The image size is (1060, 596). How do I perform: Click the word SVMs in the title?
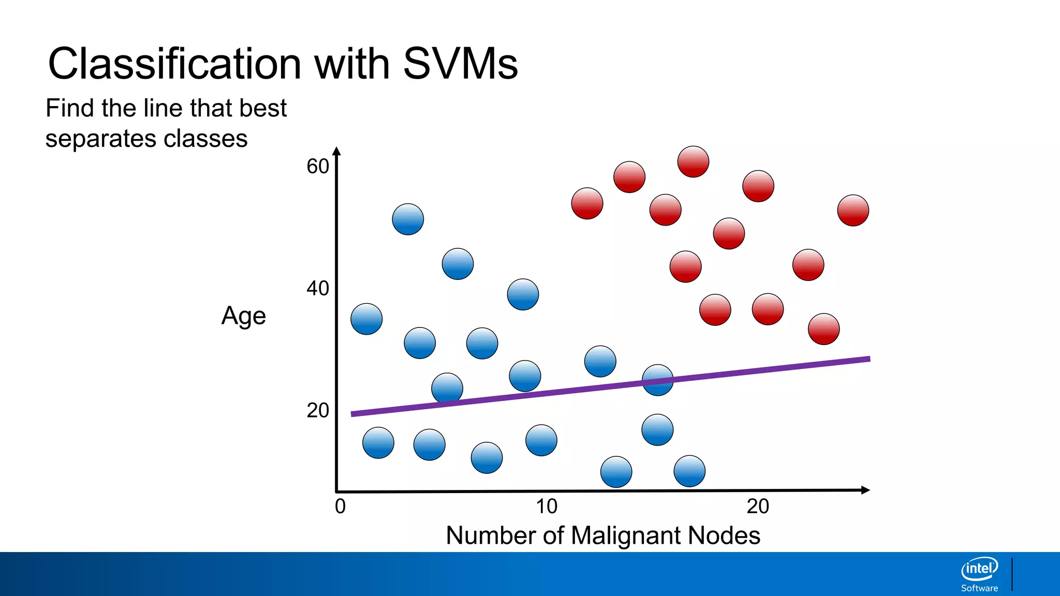pyautogui.click(x=460, y=64)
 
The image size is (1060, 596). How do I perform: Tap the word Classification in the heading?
pyautogui.click(x=174, y=64)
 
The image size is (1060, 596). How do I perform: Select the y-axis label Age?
pyautogui.click(x=243, y=316)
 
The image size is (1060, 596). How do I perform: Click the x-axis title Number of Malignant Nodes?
pyautogui.click(x=603, y=535)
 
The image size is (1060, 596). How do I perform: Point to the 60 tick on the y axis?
pyautogui.click(x=318, y=167)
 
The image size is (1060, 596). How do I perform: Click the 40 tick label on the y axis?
pyautogui.click(x=318, y=288)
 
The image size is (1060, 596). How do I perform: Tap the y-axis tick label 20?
pyautogui.click(x=318, y=410)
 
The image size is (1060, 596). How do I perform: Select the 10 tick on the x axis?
pyautogui.click(x=547, y=506)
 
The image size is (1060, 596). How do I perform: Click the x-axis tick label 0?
pyautogui.click(x=340, y=506)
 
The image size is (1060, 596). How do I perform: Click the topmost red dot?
pyautogui.click(x=693, y=161)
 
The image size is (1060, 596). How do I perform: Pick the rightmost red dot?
pyautogui.click(x=853, y=210)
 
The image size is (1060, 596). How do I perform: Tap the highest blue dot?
pyautogui.click(x=408, y=219)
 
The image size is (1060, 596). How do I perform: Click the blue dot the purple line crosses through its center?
pyautogui.click(x=657, y=380)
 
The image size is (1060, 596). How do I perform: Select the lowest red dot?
pyautogui.click(x=823, y=329)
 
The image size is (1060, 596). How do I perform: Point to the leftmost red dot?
pyautogui.click(x=587, y=203)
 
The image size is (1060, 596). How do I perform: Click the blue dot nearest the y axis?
pyautogui.click(x=366, y=319)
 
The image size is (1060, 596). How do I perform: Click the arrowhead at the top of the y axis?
pyautogui.click(x=336, y=151)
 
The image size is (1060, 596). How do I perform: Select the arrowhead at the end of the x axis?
pyautogui.click(x=865, y=490)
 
